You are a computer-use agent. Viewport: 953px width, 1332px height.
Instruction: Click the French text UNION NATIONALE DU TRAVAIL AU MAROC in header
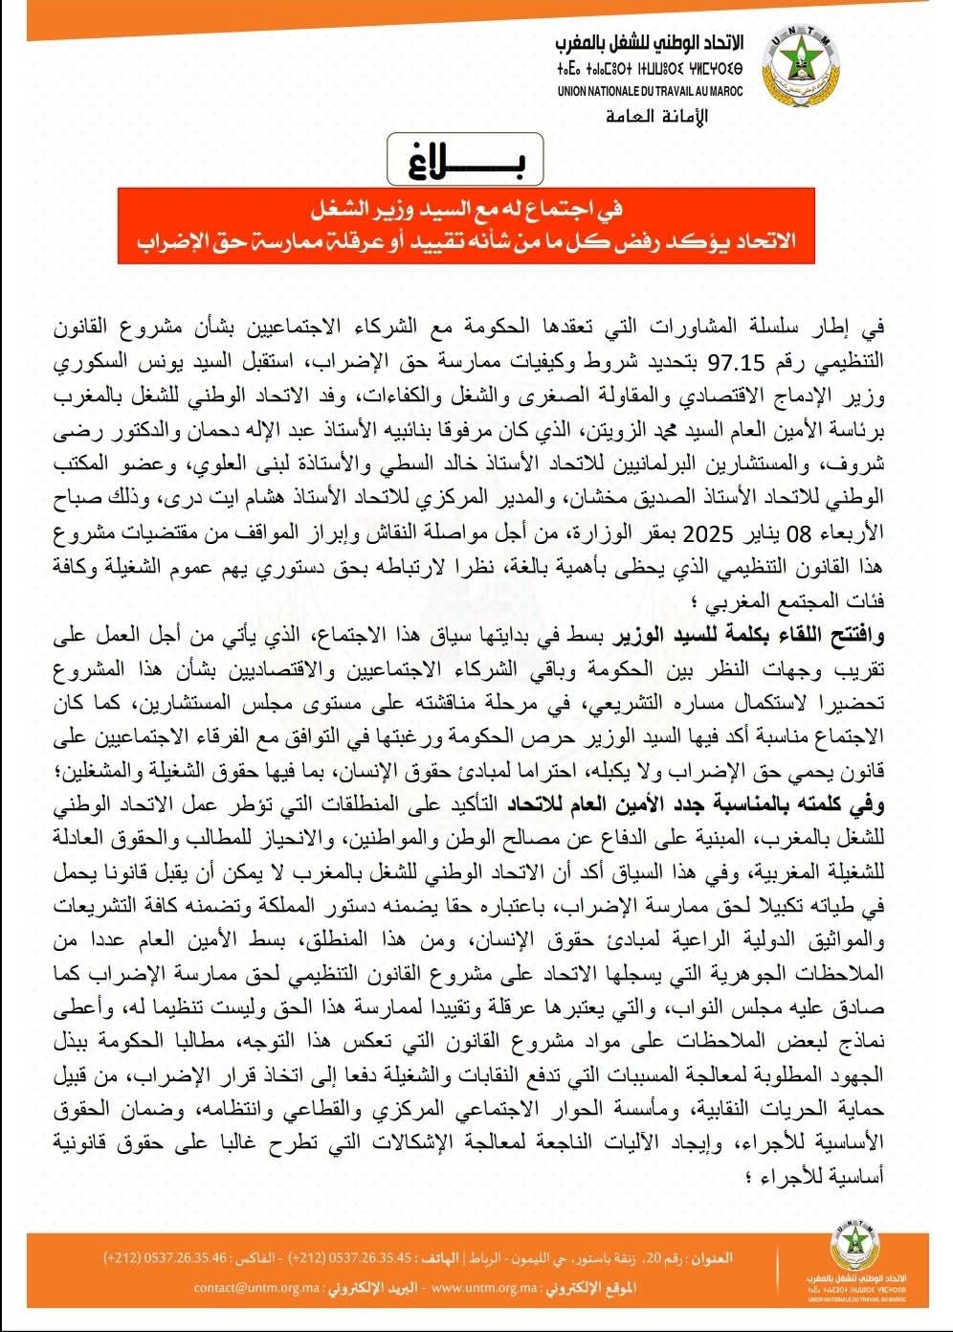pyautogui.click(x=651, y=92)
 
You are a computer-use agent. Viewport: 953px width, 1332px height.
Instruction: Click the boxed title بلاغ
pyautogui.click(x=466, y=161)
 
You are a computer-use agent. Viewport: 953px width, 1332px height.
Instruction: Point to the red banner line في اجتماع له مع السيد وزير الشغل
pyautogui.click(x=466, y=208)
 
